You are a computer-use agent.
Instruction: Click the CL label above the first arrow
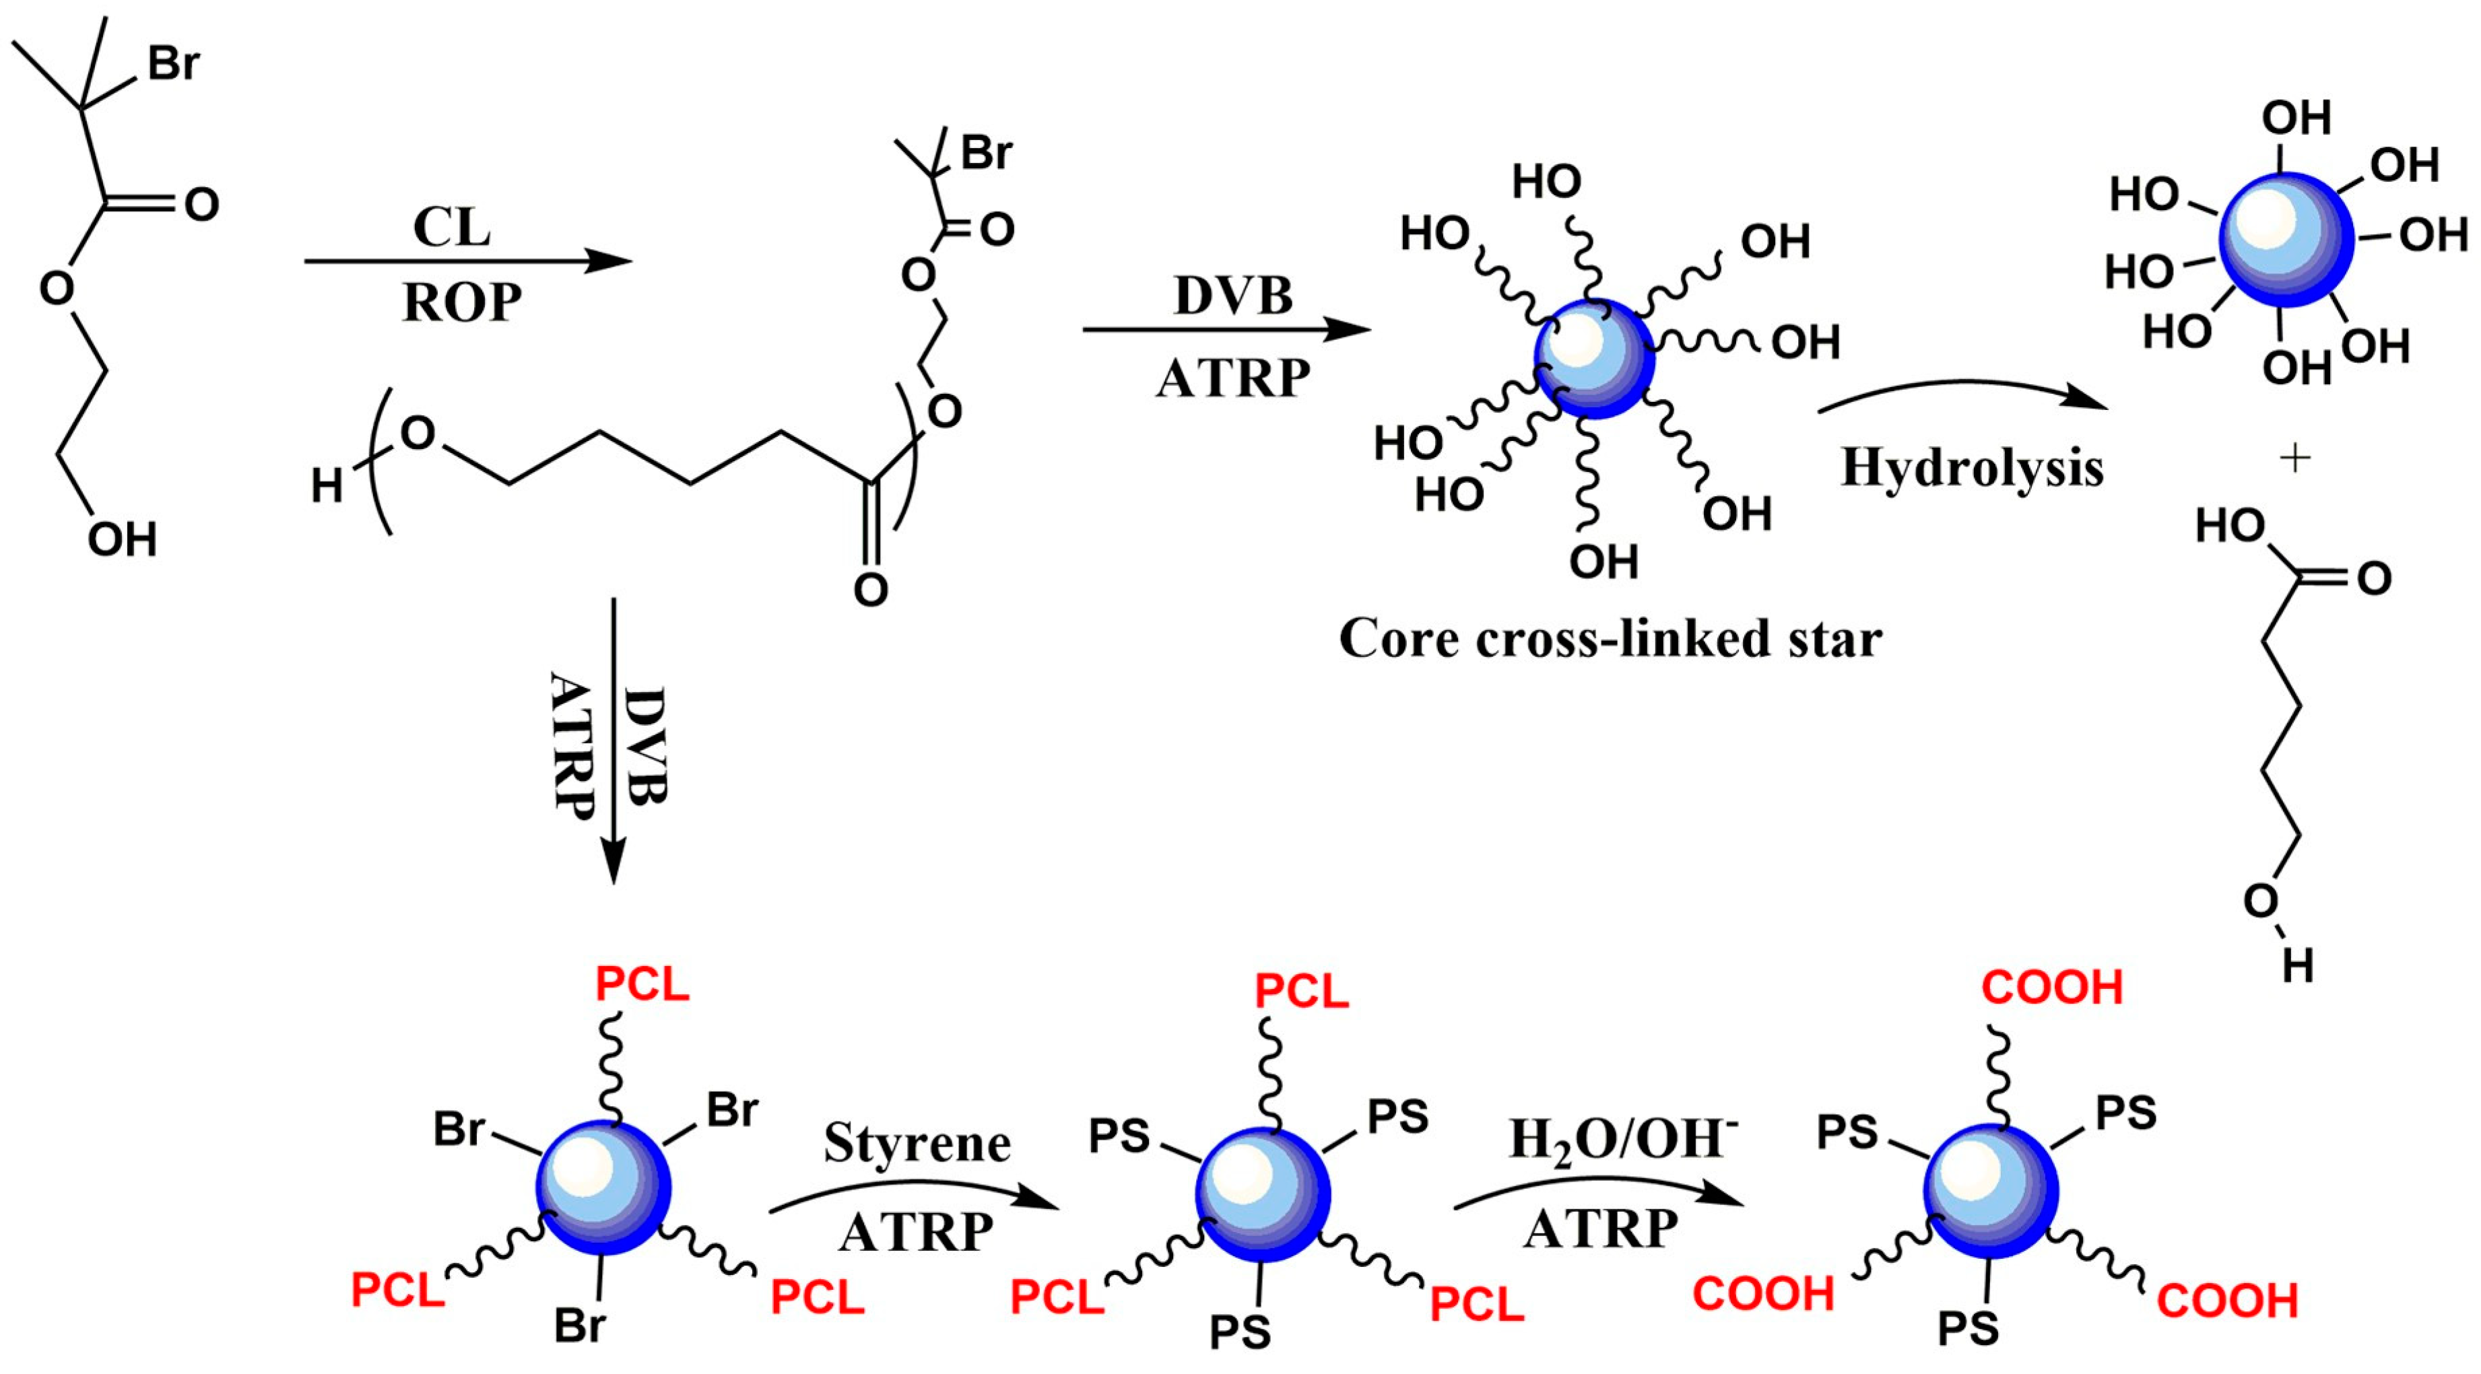pyautogui.click(x=451, y=228)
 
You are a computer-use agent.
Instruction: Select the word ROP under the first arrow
pyautogui.click(x=461, y=302)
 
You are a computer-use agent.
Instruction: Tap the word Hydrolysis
pyautogui.click(x=1971, y=468)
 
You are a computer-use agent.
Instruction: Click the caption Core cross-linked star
pyautogui.click(x=1610, y=638)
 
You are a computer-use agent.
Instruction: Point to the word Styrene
pyautogui.click(x=916, y=1144)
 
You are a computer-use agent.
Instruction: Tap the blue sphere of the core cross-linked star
pyautogui.click(x=1594, y=358)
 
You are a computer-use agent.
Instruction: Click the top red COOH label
pyautogui.click(x=2051, y=988)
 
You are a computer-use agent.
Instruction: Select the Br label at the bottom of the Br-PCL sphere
pyautogui.click(x=579, y=1326)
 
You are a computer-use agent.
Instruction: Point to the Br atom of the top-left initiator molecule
pyautogui.click(x=173, y=63)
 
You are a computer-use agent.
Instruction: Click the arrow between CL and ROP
pyautogui.click(x=468, y=261)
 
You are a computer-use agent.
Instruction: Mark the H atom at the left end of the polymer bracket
pyautogui.click(x=327, y=486)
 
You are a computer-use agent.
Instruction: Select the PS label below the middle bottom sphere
pyautogui.click(x=1240, y=1332)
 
